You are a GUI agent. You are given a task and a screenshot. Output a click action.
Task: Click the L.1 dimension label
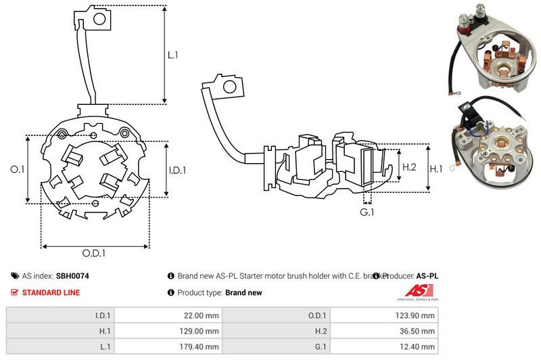(x=172, y=55)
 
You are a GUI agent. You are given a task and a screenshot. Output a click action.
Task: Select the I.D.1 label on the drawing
(x=177, y=170)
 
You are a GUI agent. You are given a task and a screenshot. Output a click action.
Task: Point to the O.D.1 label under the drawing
(x=95, y=254)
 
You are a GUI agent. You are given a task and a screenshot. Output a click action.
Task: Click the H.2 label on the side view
(x=409, y=167)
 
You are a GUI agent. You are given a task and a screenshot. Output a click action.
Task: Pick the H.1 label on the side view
(x=437, y=168)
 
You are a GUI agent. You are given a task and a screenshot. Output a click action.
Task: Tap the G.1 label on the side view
(x=367, y=212)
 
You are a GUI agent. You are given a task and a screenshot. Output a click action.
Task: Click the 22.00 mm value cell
(x=203, y=315)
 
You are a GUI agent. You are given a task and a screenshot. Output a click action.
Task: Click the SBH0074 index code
(x=74, y=276)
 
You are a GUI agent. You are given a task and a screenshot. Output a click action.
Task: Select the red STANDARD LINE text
(x=51, y=292)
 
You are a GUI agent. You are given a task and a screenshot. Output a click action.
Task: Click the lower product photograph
(x=494, y=145)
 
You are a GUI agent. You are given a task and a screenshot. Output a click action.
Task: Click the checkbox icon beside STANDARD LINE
(x=14, y=292)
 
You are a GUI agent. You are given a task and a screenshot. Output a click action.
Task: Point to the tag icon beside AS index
(x=14, y=276)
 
